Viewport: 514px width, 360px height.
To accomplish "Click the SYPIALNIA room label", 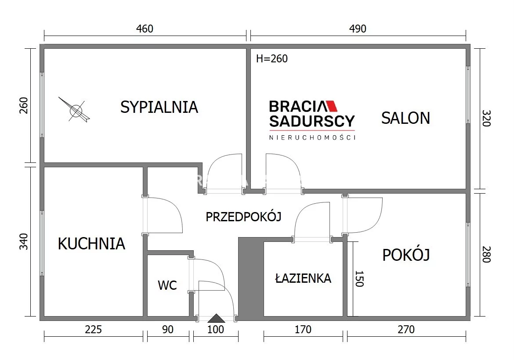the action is [159, 107].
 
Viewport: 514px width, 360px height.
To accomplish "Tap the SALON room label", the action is [405, 118].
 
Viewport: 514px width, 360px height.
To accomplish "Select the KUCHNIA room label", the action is [91, 244].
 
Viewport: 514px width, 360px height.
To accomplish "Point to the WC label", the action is [167, 285].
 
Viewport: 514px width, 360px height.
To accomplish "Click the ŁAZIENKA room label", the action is [303, 278].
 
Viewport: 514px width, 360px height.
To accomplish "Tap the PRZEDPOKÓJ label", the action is [243, 216].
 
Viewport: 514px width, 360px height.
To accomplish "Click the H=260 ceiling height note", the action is [272, 59].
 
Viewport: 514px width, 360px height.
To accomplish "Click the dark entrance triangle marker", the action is [216, 318].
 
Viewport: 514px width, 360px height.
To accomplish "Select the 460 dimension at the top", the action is [145, 29].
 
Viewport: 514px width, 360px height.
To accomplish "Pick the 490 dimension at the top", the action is [358, 29].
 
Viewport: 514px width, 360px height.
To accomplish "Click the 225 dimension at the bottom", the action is [94, 329].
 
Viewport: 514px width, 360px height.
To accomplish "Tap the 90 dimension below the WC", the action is [168, 329].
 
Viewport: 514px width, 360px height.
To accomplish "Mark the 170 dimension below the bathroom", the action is [303, 329].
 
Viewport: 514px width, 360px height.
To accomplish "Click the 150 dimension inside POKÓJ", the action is [360, 279].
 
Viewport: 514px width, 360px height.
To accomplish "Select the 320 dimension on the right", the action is [486, 118].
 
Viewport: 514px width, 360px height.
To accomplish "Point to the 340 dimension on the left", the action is [24, 241].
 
